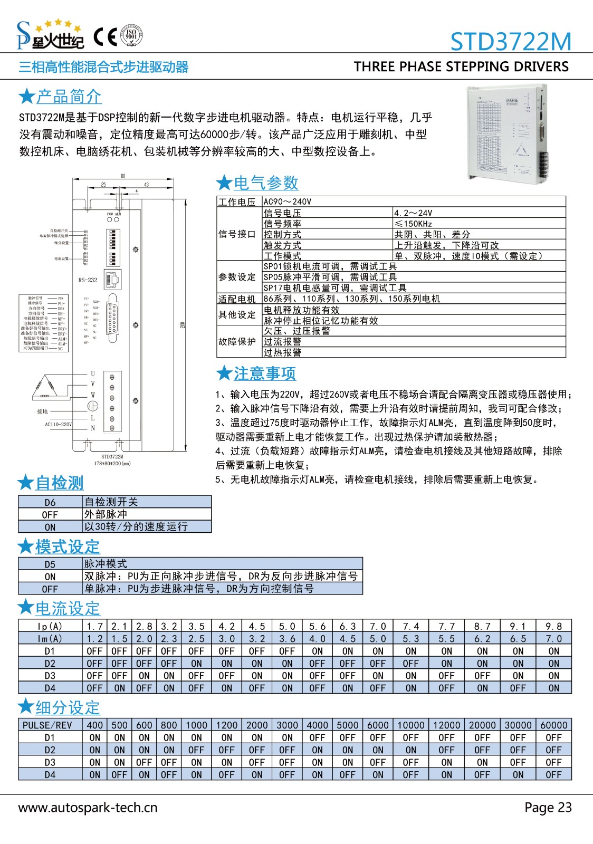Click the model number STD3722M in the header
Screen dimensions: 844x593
(511, 41)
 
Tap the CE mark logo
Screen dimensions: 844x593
(105, 37)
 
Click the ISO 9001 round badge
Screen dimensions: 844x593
(131, 36)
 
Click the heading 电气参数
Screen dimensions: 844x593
(266, 183)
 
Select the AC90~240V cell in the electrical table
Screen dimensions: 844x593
(288, 202)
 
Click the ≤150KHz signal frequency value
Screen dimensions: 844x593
(414, 224)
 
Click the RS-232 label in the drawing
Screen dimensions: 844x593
(88, 280)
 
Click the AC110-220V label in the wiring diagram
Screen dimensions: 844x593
(58, 424)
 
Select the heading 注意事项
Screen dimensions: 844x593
(265, 373)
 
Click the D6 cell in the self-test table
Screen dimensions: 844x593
(50, 502)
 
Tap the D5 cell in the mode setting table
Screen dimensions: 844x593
(50, 564)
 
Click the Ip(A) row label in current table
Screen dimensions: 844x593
(50, 627)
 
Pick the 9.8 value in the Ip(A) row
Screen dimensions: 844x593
(553, 627)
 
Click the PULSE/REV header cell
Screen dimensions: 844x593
(47, 725)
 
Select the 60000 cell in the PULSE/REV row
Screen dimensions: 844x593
(553, 725)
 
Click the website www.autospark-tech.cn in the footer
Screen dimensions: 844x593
(88, 808)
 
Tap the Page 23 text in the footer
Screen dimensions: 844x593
(548, 808)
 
